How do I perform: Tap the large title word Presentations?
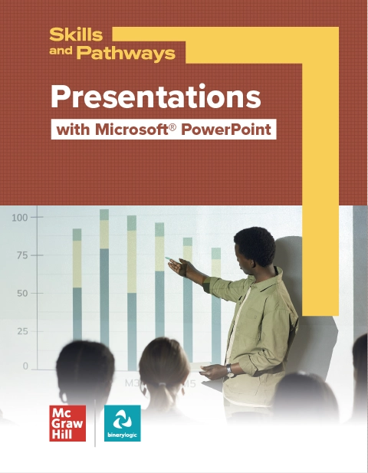click(156, 97)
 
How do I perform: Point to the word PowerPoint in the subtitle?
click(231, 129)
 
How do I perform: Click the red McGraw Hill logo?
click(67, 423)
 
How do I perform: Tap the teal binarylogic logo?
click(122, 423)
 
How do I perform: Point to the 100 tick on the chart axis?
click(19, 218)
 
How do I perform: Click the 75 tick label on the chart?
click(22, 255)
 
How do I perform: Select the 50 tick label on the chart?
click(22, 293)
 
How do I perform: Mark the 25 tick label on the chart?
click(22, 331)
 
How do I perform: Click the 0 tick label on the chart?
click(25, 366)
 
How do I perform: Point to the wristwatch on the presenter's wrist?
click(228, 370)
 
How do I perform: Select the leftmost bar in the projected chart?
click(77, 299)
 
